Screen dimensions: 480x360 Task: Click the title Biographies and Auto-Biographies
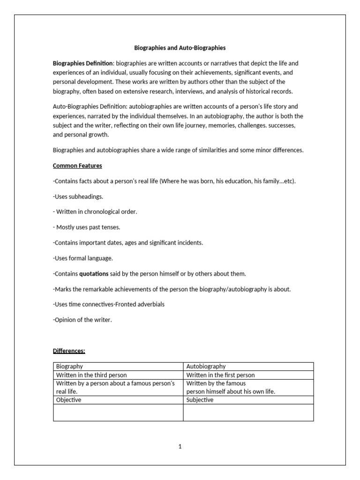(180, 48)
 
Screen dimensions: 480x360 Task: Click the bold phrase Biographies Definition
(82, 63)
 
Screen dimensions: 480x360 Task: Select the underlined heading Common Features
(77, 165)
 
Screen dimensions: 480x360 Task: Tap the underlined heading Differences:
(69, 351)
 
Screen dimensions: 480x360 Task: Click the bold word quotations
(94, 273)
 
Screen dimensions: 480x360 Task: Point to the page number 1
(180, 446)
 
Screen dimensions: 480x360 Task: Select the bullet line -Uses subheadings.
(78, 196)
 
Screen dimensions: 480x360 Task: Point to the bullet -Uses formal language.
(83, 258)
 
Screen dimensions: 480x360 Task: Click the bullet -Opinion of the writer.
(82, 320)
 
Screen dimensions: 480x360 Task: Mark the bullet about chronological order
(95, 211)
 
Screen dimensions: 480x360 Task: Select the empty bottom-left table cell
(118, 412)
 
